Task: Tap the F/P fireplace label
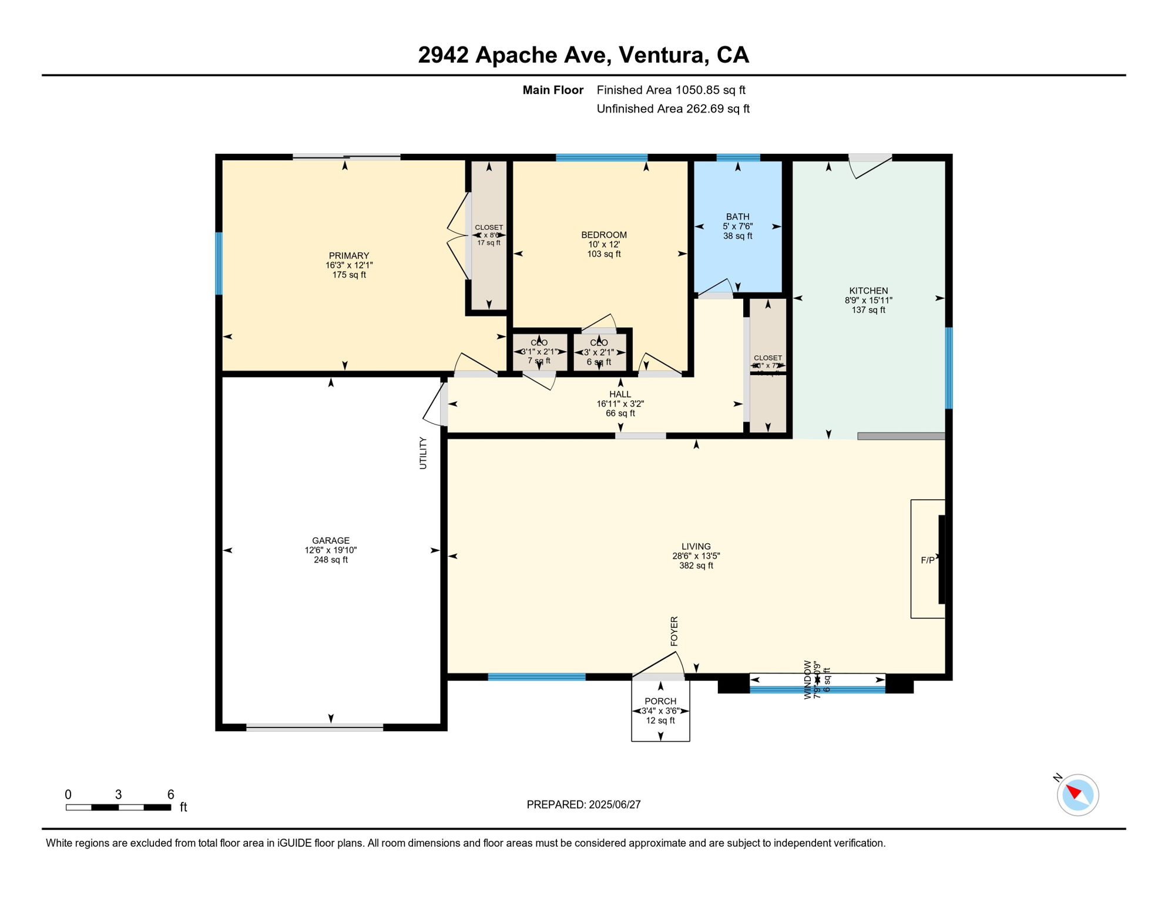[x=927, y=560]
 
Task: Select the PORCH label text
[x=660, y=701]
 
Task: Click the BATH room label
[x=737, y=217]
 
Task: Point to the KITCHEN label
[x=868, y=291]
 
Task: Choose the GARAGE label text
[x=330, y=540]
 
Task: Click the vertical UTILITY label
[x=423, y=453]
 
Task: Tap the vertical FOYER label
[x=674, y=631]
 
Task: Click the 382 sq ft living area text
[x=696, y=566]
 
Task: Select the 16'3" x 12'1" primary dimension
[x=349, y=265]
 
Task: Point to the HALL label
[x=620, y=394]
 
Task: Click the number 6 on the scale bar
[x=170, y=795]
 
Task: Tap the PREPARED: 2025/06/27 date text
[x=583, y=805]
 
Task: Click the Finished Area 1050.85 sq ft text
[x=670, y=90]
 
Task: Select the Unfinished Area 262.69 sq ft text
[x=673, y=109]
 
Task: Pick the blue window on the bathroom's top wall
[x=738, y=157]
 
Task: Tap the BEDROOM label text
[x=603, y=235]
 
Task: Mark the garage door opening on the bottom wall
[x=314, y=728]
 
